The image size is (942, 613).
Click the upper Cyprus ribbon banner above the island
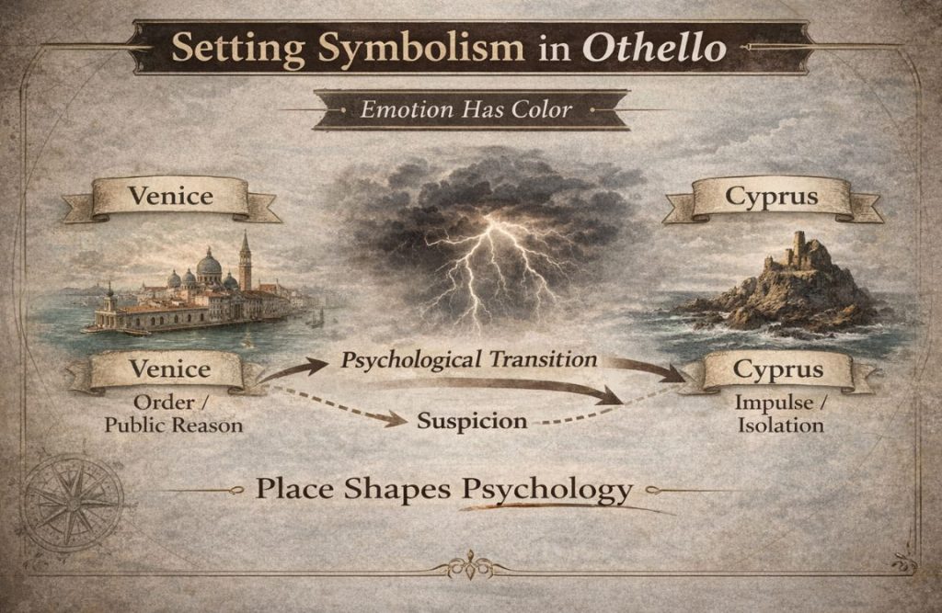point(772,197)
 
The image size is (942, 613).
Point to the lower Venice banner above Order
point(169,370)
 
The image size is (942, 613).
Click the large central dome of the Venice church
point(209,267)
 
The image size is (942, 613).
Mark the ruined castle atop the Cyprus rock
point(798,251)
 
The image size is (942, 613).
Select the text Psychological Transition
point(468,359)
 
